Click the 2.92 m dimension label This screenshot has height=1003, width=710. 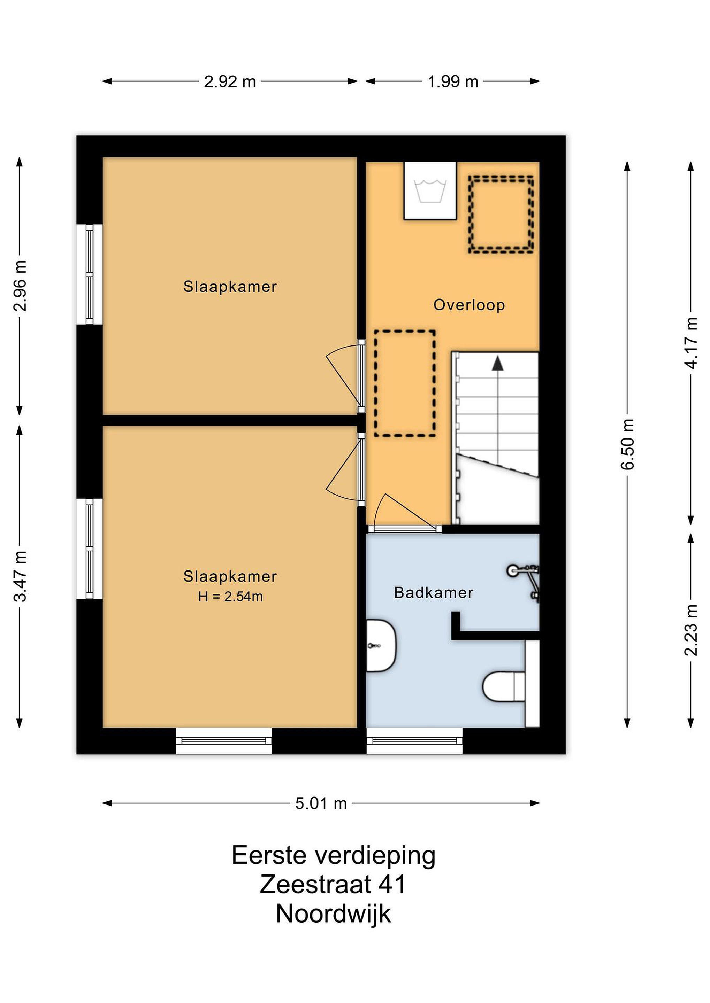click(x=230, y=82)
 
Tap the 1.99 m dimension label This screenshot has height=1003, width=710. click(x=452, y=82)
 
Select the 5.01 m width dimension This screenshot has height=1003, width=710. click(x=321, y=803)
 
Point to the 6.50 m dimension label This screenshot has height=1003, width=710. click(x=627, y=444)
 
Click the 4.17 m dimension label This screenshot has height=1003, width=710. click(x=691, y=343)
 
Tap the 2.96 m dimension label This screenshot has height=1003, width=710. click(x=20, y=286)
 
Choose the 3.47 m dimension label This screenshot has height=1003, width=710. click(x=20, y=576)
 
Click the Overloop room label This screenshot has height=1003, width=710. click(x=469, y=305)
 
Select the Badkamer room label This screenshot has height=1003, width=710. click(x=434, y=593)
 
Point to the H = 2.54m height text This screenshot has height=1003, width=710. click(x=230, y=596)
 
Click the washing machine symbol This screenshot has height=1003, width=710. click(x=430, y=191)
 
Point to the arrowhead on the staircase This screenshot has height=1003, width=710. click(x=497, y=364)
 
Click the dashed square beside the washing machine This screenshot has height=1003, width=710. click(x=501, y=214)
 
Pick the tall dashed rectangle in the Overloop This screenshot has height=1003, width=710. click(x=405, y=383)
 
